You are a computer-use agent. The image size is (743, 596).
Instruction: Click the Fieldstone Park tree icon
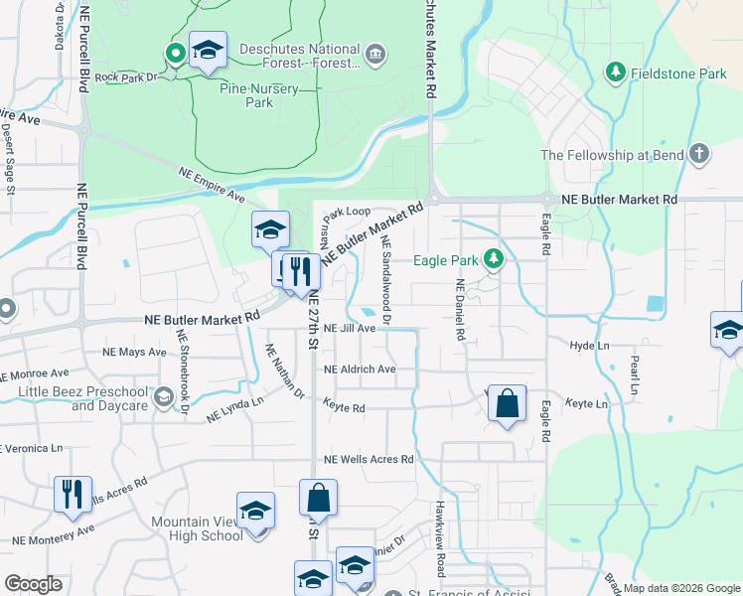coord(616,73)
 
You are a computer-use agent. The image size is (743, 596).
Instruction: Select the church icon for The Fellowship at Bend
coord(700,154)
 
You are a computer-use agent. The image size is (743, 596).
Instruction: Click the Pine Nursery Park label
coord(245,94)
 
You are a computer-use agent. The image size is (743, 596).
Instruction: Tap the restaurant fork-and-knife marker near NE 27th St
coord(299,271)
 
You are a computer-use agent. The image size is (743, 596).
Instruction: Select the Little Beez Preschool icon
coord(163,398)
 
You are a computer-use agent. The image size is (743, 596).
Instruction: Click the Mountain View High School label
coord(197,528)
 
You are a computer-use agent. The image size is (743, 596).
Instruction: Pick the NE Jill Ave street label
coord(351,328)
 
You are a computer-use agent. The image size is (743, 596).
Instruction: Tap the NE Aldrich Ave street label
coord(360,370)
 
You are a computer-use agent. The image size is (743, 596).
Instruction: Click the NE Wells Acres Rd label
coord(369,460)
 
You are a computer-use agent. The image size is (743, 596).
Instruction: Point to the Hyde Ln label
coord(589,346)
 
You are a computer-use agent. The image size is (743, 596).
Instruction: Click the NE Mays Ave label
coord(134,352)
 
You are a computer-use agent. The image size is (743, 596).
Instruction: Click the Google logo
coord(34,583)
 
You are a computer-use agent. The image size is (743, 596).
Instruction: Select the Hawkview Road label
coord(439,537)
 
